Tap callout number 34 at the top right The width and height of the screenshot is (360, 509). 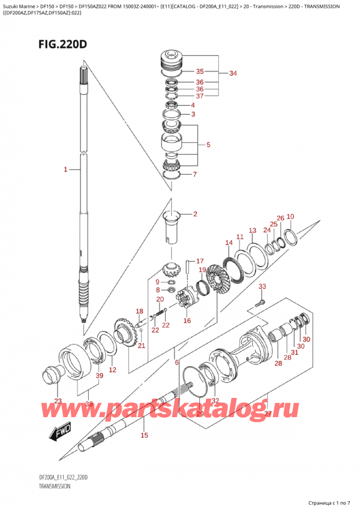click(x=233, y=74)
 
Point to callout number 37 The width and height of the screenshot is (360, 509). click(x=200, y=95)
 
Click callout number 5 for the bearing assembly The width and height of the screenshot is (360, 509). click(x=208, y=145)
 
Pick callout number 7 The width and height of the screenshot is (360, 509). click(x=194, y=175)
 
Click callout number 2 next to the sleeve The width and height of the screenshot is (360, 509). click(x=194, y=214)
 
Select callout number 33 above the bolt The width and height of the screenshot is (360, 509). click(x=262, y=287)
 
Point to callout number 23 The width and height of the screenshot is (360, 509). click(x=58, y=402)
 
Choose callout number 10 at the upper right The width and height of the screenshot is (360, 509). click(x=290, y=217)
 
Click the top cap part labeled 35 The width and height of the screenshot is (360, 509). click(x=172, y=62)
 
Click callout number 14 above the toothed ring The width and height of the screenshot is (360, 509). click(x=229, y=243)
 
